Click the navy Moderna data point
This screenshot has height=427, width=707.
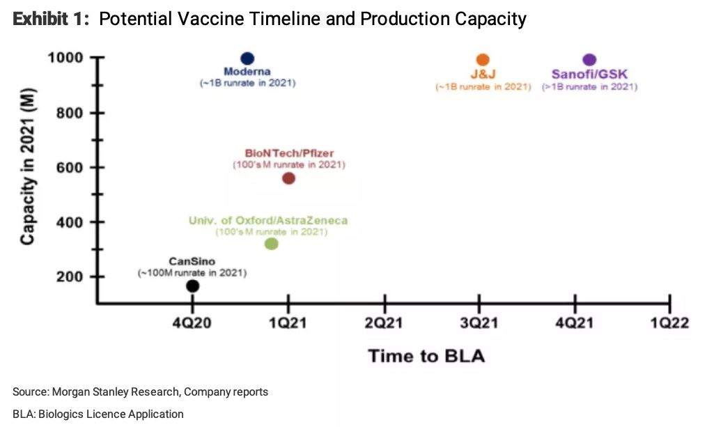tap(247, 59)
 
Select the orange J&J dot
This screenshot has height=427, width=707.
tap(483, 59)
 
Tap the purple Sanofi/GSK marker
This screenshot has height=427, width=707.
tap(589, 59)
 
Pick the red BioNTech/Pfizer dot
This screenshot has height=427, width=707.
tap(288, 178)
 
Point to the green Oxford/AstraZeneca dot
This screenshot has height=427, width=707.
tap(272, 244)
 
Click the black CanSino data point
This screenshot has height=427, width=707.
tap(192, 286)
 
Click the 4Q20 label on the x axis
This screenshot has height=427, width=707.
tap(192, 323)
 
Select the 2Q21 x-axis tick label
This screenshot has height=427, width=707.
tap(383, 323)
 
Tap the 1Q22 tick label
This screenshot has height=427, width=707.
tap(669, 323)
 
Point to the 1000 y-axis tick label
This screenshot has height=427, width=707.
tap(65, 58)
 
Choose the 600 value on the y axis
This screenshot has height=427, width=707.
tap(70, 168)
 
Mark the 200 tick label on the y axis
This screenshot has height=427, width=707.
tap(70, 277)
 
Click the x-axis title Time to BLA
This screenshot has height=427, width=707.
tap(426, 356)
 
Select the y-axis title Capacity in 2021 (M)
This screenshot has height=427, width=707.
tap(28, 166)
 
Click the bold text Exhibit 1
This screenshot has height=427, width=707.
tap(51, 19)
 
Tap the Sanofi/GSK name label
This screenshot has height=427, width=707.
tap(589, 75)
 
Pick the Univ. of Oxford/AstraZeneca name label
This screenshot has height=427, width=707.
tap(268, 221)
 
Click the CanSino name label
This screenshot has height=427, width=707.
tap(192, 261)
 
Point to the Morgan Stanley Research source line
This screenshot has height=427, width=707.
tap(140, 392)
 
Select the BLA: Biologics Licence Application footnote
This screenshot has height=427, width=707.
tap(98, 414)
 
